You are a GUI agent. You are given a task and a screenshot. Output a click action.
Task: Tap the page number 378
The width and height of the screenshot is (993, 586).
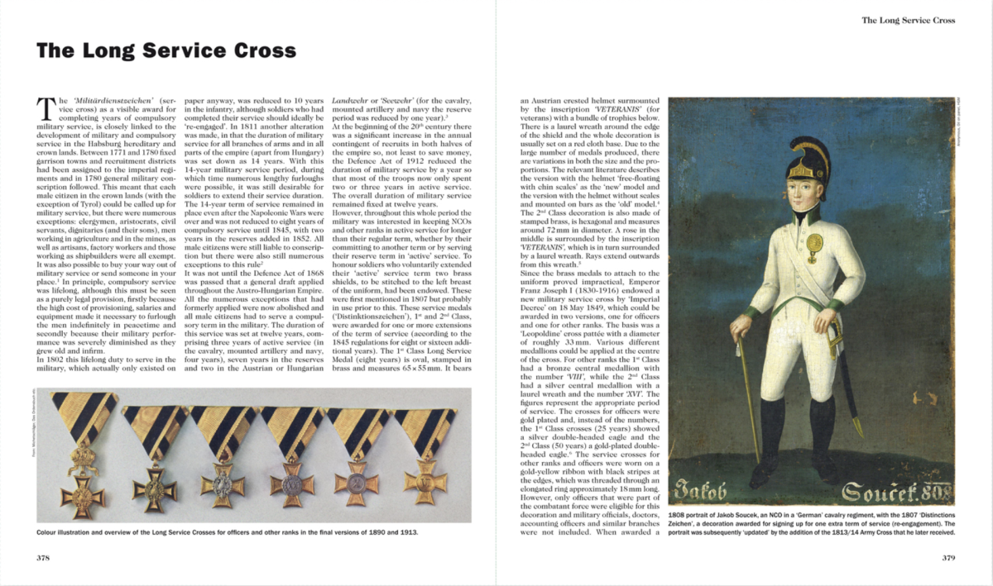point(44,557)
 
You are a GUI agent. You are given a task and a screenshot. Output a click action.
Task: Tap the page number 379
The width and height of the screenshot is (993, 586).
point(948,557)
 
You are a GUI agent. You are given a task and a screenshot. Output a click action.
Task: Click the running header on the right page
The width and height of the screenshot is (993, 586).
point(908,20)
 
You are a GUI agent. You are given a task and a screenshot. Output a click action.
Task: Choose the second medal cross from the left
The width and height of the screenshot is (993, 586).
point(154,480)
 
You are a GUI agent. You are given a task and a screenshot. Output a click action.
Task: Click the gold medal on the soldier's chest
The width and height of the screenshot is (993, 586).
point(814,244)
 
